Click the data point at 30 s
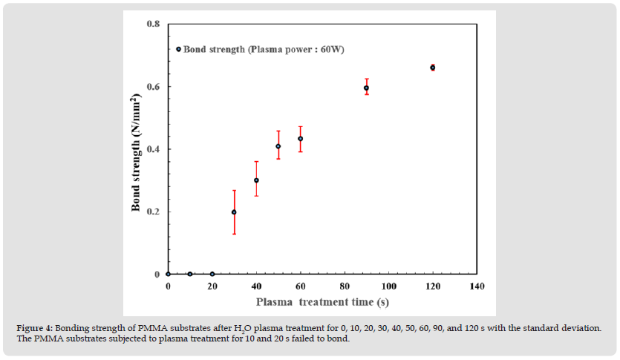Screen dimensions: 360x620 tap(234, 212)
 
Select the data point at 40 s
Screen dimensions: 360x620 tap(256, 180)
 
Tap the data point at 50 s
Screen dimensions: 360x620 tap(278, 146)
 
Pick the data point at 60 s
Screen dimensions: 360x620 tap(300, 139)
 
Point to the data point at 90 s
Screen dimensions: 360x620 tap(366, 88)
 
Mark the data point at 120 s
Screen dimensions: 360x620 tap(433, 68)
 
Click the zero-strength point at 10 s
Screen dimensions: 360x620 tap(190, 274)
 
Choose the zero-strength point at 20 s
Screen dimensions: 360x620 tap(212, 274)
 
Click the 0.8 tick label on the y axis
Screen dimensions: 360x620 tap(153, 24)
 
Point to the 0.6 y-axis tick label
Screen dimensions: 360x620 tap(153, 87)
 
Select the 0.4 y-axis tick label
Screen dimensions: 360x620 tap(153, 149)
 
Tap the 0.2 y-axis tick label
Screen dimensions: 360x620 tap(153, 212)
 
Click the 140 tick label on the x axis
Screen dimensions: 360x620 tap(477, 287)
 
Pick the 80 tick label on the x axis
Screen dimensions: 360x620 tap(345, 287)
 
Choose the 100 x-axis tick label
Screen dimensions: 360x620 tap(388, 287)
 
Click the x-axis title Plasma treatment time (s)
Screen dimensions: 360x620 tap(322, 302)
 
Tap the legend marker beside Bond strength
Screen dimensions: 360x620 tap(179, 50)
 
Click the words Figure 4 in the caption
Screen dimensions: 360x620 tap(36, 327)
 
